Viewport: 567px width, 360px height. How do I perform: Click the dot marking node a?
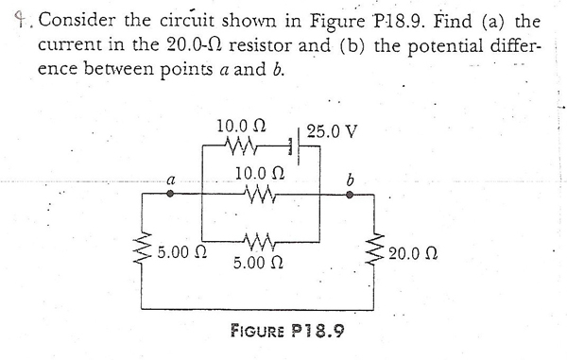170,194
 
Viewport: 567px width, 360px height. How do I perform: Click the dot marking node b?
350,194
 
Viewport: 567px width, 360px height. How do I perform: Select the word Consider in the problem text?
77,20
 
